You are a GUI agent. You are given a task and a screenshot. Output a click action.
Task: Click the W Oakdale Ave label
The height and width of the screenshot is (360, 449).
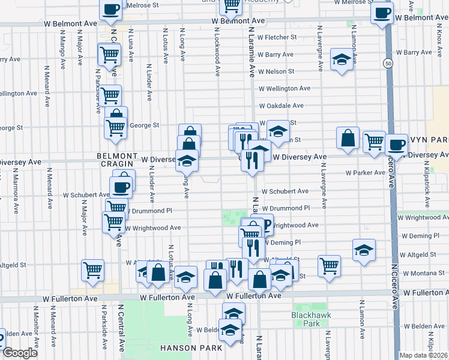(x=281, y=106)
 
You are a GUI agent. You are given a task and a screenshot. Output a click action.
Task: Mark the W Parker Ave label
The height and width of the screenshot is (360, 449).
(x=365, y=173)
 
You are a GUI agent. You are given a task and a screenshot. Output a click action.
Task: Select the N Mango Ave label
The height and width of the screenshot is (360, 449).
(x=62, y=48)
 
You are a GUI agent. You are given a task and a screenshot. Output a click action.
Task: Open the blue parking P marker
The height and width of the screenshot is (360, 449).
(x=267, y=225)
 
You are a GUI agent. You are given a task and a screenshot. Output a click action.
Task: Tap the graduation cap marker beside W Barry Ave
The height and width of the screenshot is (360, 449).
(x=342, y=59)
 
